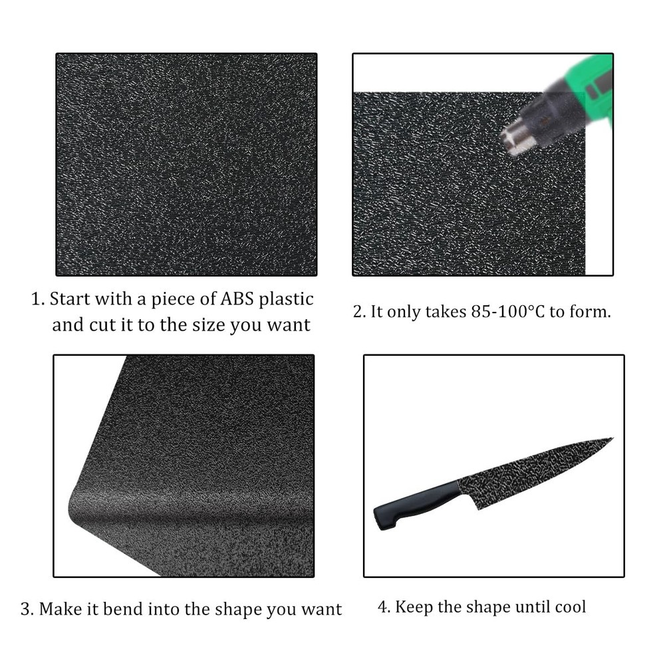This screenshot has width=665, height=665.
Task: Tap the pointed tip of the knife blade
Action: pos(610,439)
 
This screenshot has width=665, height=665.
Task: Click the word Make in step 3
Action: pos(61,608)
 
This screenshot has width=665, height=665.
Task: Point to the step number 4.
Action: pos(382,607)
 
